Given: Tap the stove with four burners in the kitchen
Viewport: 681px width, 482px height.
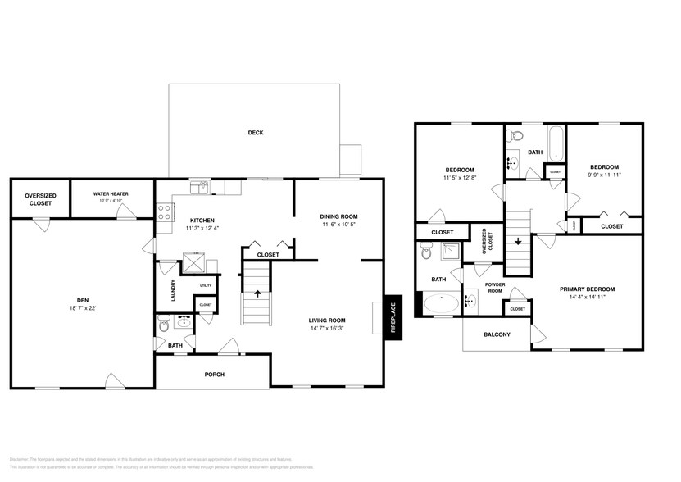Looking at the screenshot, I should point(164,213).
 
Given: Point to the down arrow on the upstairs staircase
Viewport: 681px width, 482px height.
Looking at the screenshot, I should point(518,241).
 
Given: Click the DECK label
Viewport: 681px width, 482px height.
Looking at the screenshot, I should point(256,133).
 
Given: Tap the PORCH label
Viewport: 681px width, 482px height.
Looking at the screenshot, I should point(215,375).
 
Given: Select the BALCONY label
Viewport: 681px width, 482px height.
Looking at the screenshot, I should point(497,334).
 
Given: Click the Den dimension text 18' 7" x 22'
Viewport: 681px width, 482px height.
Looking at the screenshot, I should point(82,308).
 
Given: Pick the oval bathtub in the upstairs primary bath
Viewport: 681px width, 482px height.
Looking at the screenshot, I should point(442,303).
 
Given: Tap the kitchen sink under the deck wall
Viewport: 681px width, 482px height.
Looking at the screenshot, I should point(200,189).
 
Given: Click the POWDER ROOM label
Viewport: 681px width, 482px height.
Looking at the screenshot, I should point(494,288).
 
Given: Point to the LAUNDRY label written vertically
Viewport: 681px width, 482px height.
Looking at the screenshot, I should point(174,290).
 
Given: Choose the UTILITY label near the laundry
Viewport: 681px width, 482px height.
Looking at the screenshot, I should point(206,285).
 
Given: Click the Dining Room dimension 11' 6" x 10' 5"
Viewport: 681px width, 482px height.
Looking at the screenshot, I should point(338,225).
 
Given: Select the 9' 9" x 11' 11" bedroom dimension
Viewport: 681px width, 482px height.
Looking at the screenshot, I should point(604,175).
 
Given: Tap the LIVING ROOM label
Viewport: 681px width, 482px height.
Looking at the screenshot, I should point(327,321).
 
